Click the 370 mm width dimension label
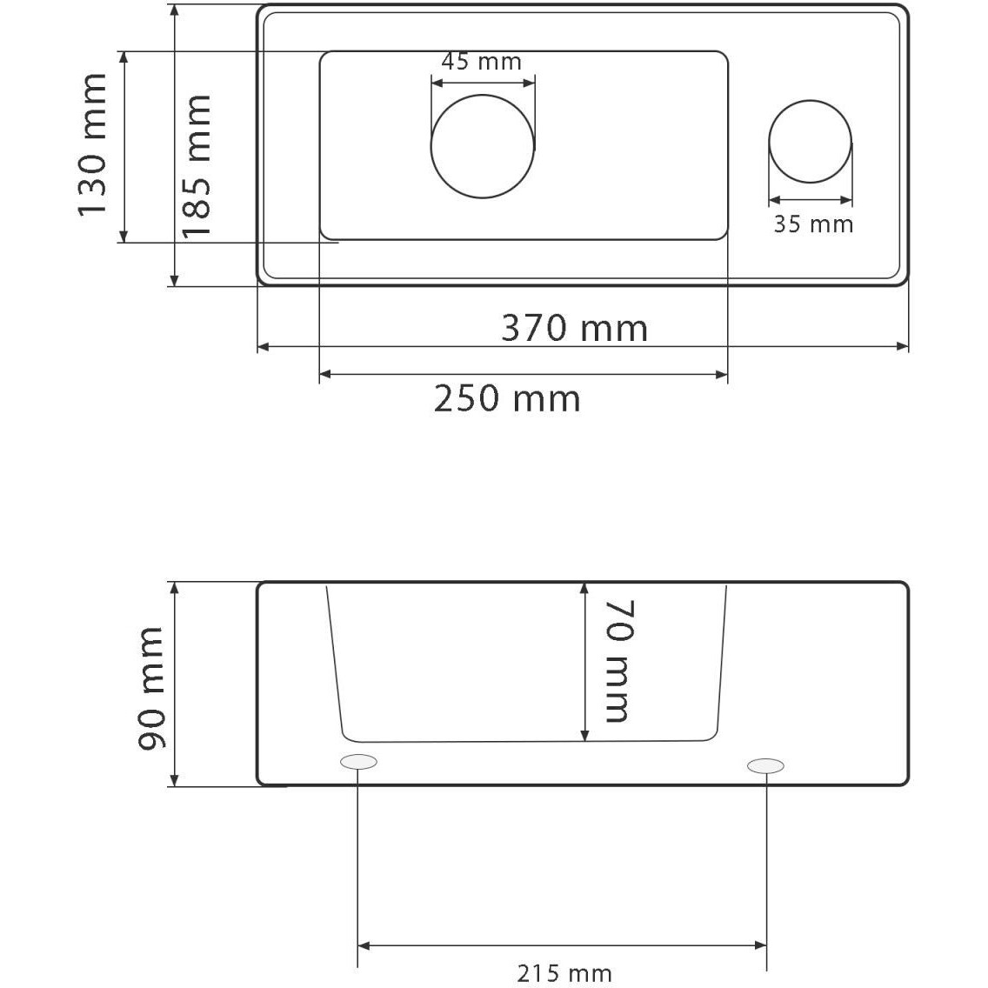[575, 328]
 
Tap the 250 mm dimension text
[507, 399]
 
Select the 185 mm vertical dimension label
[197, 166]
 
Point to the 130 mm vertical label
[92, 145]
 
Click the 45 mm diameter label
[482, 62]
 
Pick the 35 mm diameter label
[813, 224]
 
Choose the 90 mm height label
[151, 688]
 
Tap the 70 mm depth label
[618, 661]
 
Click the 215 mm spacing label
[564, 973]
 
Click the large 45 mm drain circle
[483, 95]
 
